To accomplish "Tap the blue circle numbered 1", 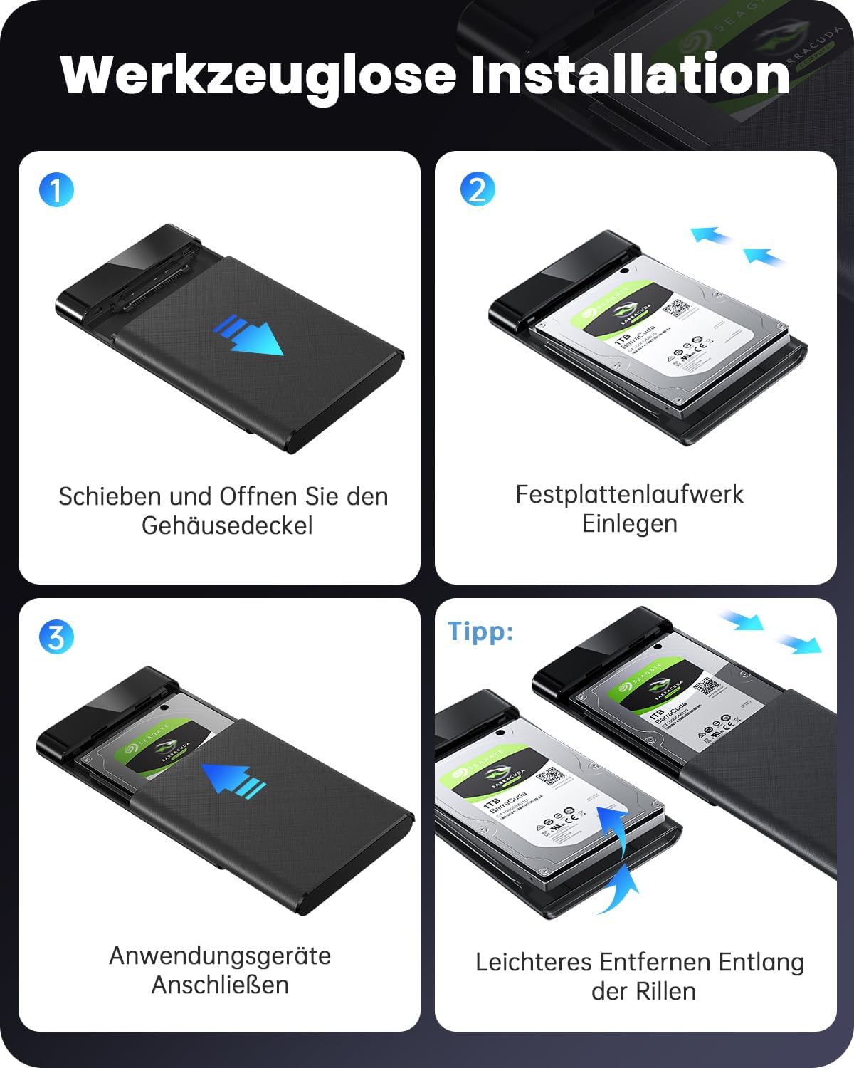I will pyautogui.click(x=56, y=190).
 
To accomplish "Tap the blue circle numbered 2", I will pyautogui.click(x=478, y=190).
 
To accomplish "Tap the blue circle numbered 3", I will pyautogui.click(x=56, y=637).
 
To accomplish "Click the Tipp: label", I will pyautogui.click(x=480, y=631).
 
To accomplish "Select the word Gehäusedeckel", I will pyautogui.click(x=227, y=525).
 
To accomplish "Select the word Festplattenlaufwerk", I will pyautogui.click(x=629, y=494).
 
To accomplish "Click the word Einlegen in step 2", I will pyautogui.click(x=629, y=523).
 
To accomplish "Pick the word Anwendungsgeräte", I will pyautogui.click(x=220, y=956).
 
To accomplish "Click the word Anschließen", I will pyautogui.click(x=220, y=985).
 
